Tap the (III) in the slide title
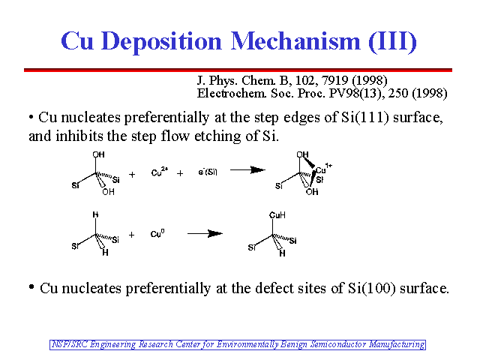click(392, 41)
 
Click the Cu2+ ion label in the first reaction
click(160, 172)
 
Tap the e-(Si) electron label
click(208, 172)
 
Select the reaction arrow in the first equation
click(247, 170)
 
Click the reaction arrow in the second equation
click(205, 233)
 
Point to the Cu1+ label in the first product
click(324, 168)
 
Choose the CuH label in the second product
click(277, 215)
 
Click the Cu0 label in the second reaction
click(157, 233)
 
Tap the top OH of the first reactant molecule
click(98, 154)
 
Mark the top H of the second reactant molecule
click(95, 214)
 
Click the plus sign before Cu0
click(132, 235)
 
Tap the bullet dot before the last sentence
click(31, 287)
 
